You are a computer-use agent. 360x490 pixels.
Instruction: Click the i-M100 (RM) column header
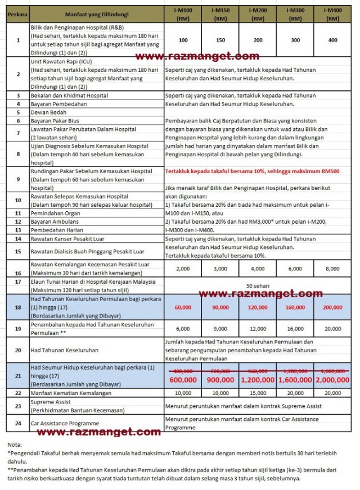(x=183, y=14)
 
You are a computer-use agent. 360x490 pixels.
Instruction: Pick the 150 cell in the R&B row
(x=220, y=40)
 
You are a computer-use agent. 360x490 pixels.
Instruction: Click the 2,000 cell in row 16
(x=183, y=269)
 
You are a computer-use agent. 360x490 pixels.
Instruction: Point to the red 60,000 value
(x=183, y=308)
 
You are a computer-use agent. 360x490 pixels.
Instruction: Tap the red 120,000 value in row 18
(x=258, y=308)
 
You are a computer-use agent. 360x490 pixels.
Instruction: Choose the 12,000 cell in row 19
(x=258, y=328)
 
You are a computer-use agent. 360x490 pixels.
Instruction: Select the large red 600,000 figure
(x=183, y=379)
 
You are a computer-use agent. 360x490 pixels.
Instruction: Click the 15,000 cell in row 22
(x=258, y=393)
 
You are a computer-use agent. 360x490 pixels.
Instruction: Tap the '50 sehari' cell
(x=258, y=285)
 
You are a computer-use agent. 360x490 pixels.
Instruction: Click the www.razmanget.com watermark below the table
(x=99, y=432)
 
